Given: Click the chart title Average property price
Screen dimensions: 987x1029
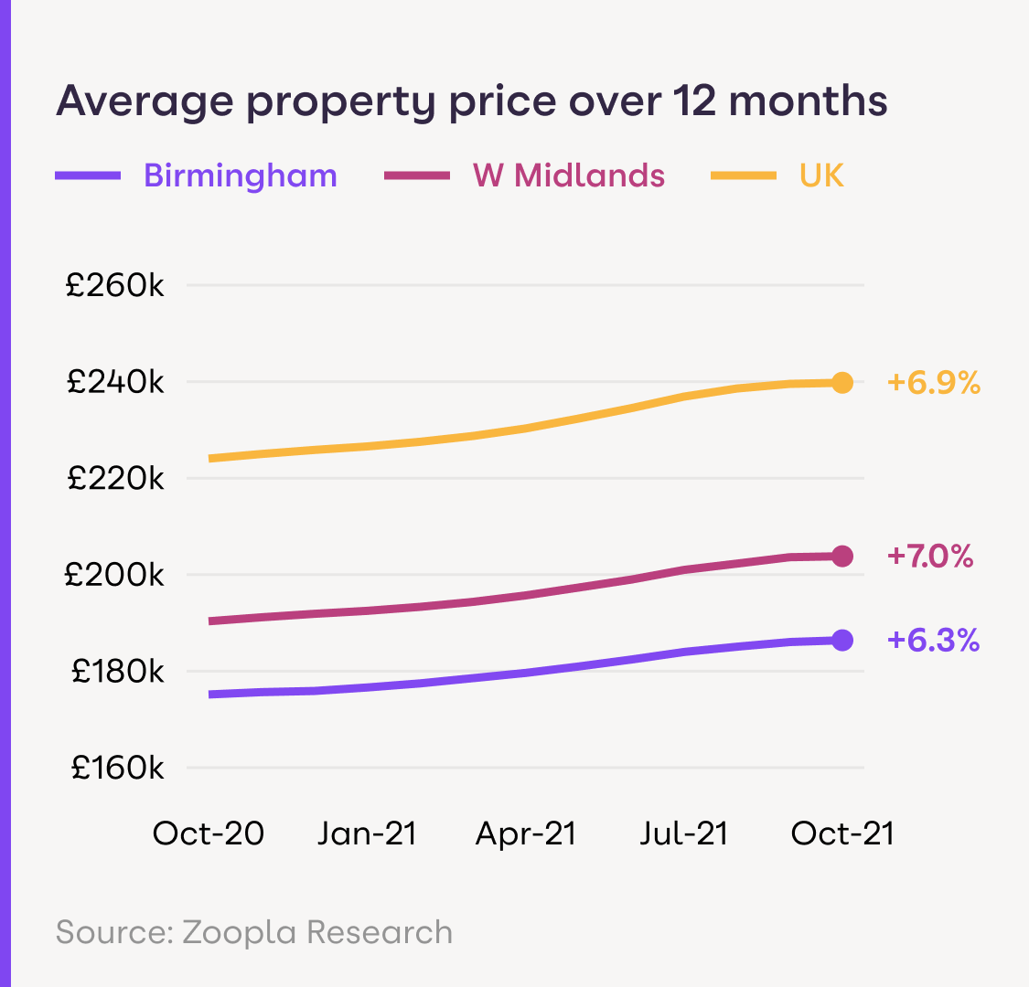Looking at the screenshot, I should (471, 101).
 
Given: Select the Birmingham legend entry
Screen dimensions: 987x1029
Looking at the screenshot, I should (241, 175).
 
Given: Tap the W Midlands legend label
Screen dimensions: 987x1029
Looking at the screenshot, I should (568, 175).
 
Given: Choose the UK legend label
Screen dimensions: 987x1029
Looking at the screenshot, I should (821, 175).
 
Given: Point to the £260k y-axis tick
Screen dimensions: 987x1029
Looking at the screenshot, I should (114, 286).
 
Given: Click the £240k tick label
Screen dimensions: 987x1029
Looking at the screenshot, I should (114, 382).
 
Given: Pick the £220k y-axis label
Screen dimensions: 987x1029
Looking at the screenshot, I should (114, 479).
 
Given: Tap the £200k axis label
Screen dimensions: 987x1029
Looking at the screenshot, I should (114, 576).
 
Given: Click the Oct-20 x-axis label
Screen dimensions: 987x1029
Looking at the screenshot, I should (209, 833).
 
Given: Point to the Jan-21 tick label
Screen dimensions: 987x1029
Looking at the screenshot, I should (367, 833).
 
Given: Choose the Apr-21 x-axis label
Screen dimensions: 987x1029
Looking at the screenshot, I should (526, 833).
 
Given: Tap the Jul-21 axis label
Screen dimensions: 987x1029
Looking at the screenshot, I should (684, 833).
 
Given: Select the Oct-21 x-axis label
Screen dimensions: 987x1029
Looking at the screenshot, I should (842, 833).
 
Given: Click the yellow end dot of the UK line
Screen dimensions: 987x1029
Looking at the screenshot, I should (842, 383).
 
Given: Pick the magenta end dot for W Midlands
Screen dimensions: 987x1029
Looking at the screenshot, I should (842, 556).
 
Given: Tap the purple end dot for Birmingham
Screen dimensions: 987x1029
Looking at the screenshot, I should (842, 640).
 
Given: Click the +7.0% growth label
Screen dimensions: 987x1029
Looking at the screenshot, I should (930, 556).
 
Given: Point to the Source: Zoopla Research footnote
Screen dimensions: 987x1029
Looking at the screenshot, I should (254, 932).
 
